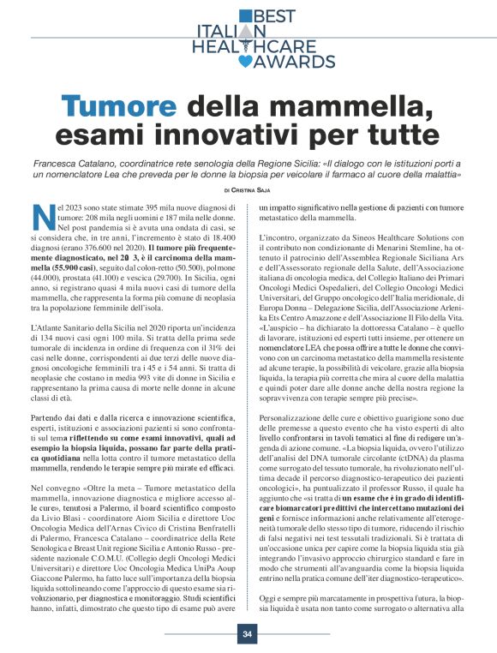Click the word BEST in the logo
coord(273,15)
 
